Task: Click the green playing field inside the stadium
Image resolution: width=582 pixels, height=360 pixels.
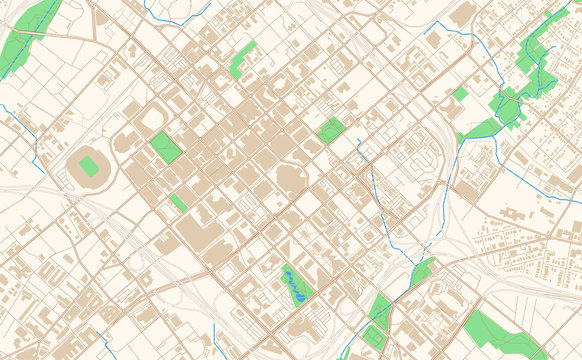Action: [x=89, y=166]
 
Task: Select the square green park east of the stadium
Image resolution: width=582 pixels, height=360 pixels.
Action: [x=166, y=147]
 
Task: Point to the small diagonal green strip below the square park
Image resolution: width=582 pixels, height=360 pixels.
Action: [x=178, y=202]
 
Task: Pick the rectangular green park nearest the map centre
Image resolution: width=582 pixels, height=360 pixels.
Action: [x=331, y=130]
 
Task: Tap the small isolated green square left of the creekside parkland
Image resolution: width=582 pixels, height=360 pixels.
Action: [x=460, y=94]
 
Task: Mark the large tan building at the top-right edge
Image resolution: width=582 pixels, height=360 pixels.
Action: [x=462, y=16]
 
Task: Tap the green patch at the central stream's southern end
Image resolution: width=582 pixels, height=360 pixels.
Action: [x=421, y=270]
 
